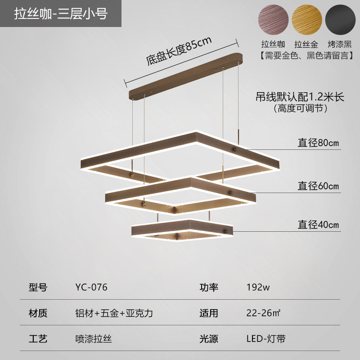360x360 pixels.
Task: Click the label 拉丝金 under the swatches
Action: point(306,45)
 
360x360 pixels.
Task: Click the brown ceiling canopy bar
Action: point(185,76)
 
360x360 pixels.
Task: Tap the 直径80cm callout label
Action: point(318,144)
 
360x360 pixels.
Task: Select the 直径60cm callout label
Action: point(318,186)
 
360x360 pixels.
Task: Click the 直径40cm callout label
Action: point(318,225)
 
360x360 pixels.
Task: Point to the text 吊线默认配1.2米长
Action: point(299,97)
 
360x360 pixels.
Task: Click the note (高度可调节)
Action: point(299,108)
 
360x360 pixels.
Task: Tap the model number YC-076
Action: point(91,287)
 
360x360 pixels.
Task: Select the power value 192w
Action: point(258,287)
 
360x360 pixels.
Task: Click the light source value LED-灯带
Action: point(265,338)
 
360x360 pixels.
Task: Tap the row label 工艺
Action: point(38,338)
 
